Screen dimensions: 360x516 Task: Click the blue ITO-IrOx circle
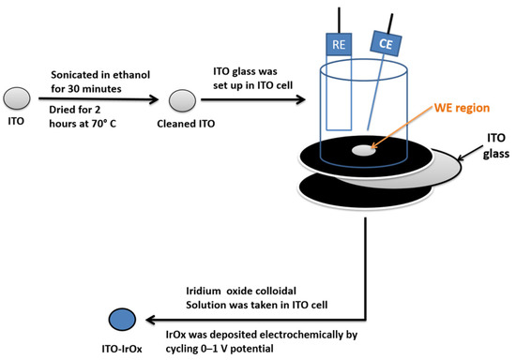(120, 319)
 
